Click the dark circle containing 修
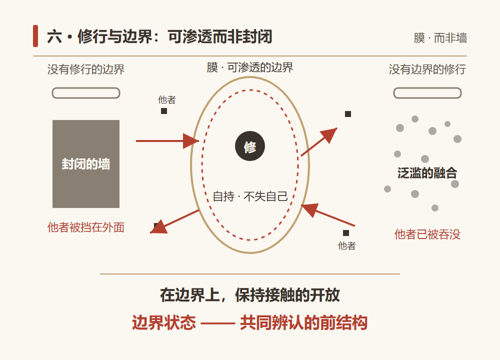249,146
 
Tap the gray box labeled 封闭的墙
86,164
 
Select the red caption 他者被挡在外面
86,227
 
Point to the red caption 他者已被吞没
427,234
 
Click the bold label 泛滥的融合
427,173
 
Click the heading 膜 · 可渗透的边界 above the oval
249,67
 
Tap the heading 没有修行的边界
86,69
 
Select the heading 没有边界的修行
427,69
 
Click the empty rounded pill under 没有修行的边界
86,93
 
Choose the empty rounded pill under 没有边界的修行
427,93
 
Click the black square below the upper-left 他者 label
164,111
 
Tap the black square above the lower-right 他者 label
346,233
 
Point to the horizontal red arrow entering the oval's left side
167,140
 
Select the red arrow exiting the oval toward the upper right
319,142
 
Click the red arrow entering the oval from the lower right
328,215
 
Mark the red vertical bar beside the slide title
35,36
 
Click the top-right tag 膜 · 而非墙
440,38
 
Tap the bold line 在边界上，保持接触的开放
250,295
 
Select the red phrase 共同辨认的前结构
303,322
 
